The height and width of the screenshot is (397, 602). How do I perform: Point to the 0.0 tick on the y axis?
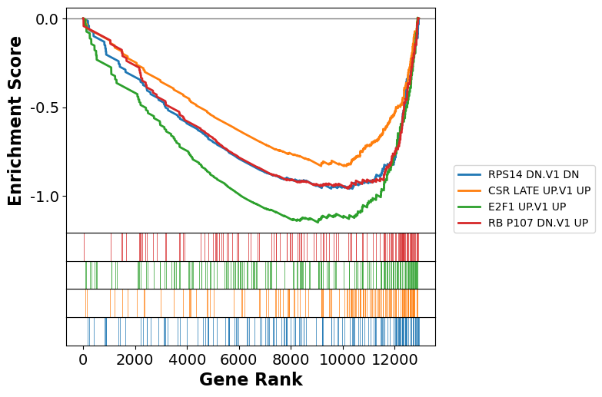[x=47, y=18]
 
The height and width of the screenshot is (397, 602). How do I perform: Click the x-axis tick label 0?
[x=83, y=359]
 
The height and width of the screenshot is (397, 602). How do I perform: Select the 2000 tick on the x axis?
[x=135, y=359]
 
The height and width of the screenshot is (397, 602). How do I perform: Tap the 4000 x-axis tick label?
[x=187, y=359]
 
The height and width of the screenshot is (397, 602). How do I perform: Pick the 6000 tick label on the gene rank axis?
[x=239, y=359]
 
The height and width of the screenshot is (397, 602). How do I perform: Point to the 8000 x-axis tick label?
[x=291, y=359]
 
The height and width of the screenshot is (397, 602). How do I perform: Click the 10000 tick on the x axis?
[x=343, y=359]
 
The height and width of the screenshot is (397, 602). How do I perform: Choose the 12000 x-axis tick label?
[x=394, y=359]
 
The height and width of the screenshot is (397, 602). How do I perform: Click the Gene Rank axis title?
[x=251, y=380]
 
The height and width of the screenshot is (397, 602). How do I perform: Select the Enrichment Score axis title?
[x=15, y=121]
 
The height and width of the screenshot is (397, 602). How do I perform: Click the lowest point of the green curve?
[x=318, y=222]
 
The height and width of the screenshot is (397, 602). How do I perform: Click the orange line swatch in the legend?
[x=469, y=190]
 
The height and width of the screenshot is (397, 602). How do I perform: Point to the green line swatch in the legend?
[x=469, y=207]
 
